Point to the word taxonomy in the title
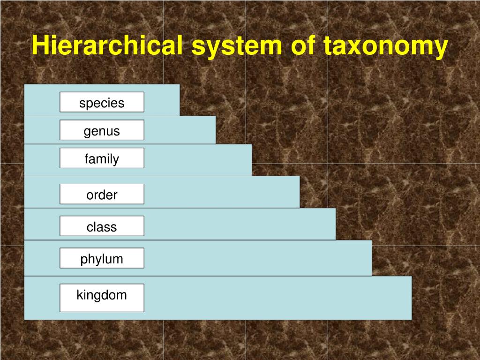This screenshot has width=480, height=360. (x=385, y=46)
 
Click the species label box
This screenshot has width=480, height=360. (x=102, y=102)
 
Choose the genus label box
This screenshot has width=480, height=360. (x=102, y=130)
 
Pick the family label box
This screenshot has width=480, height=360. (x=102, y=158)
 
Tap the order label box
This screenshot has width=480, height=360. (x=102, y=194)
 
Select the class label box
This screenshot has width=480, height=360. (x=102, y=226)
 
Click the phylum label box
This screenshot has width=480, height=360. (x=102, y=258)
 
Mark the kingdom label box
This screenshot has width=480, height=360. (x=102, y=298)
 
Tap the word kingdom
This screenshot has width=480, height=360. (x=102, y=295)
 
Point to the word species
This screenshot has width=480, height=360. (x=102, y=103)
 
